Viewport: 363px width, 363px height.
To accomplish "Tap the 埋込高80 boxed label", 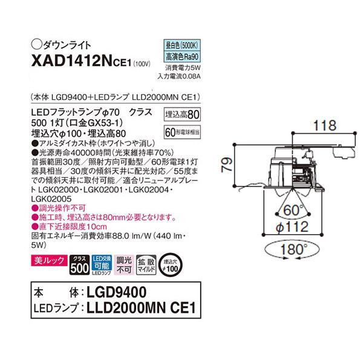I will point(182,114).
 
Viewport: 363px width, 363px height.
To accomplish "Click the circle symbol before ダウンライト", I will point(36,44).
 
